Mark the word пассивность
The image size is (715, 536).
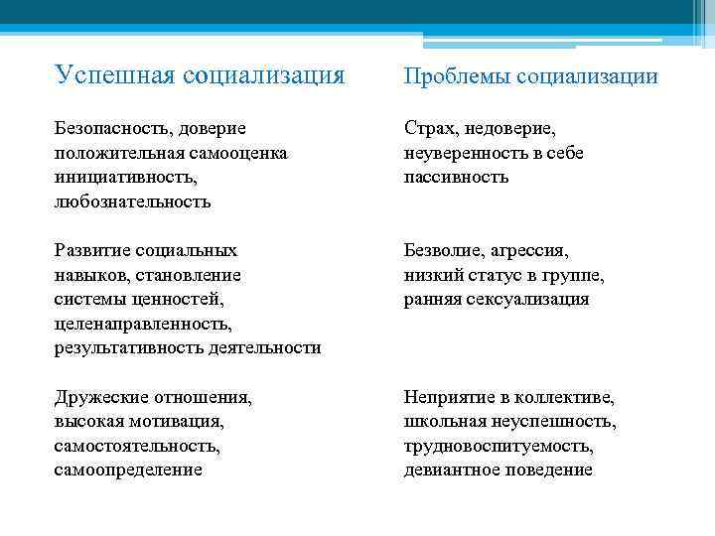[456, 177]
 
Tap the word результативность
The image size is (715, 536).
[129, 347]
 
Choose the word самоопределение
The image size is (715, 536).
[128, 469]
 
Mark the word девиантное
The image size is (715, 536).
[453, 469]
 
